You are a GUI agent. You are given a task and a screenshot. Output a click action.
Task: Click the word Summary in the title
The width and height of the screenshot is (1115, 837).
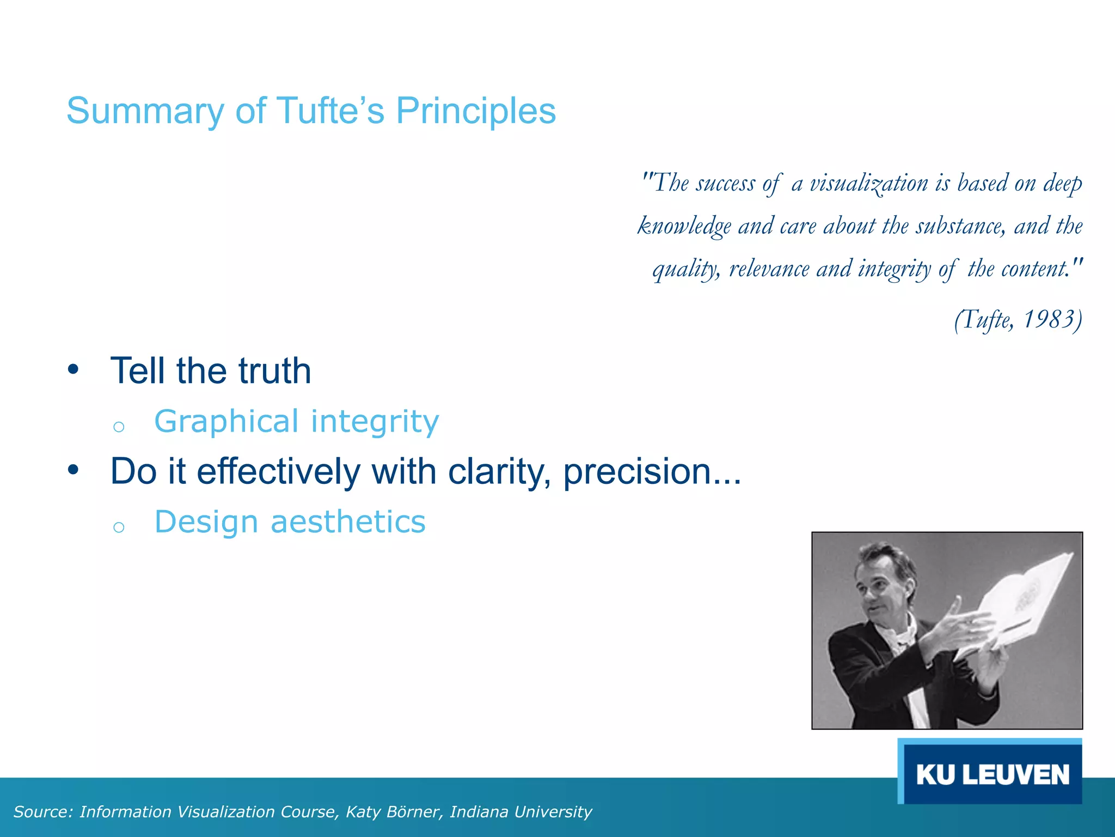pos(145,112)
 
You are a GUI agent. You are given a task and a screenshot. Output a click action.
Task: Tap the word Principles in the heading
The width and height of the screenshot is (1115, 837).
pos(475,112)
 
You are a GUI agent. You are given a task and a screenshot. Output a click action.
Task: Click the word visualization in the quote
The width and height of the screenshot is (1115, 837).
pos(869,183)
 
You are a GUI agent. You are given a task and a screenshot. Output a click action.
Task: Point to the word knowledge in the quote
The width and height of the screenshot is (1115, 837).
pos(684,226)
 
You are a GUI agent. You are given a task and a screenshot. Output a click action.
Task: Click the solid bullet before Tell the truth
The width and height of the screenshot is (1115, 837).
pos(73,370)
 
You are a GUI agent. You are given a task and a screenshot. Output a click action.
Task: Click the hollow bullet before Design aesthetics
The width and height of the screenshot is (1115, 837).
pos(119,527)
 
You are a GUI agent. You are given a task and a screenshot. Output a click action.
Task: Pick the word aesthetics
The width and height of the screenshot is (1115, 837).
pos(348,522)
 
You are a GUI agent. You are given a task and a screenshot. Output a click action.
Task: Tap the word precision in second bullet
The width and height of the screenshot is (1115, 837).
pos(638,471)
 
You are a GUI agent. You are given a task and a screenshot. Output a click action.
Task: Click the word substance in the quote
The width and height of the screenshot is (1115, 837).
pos(960,226)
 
